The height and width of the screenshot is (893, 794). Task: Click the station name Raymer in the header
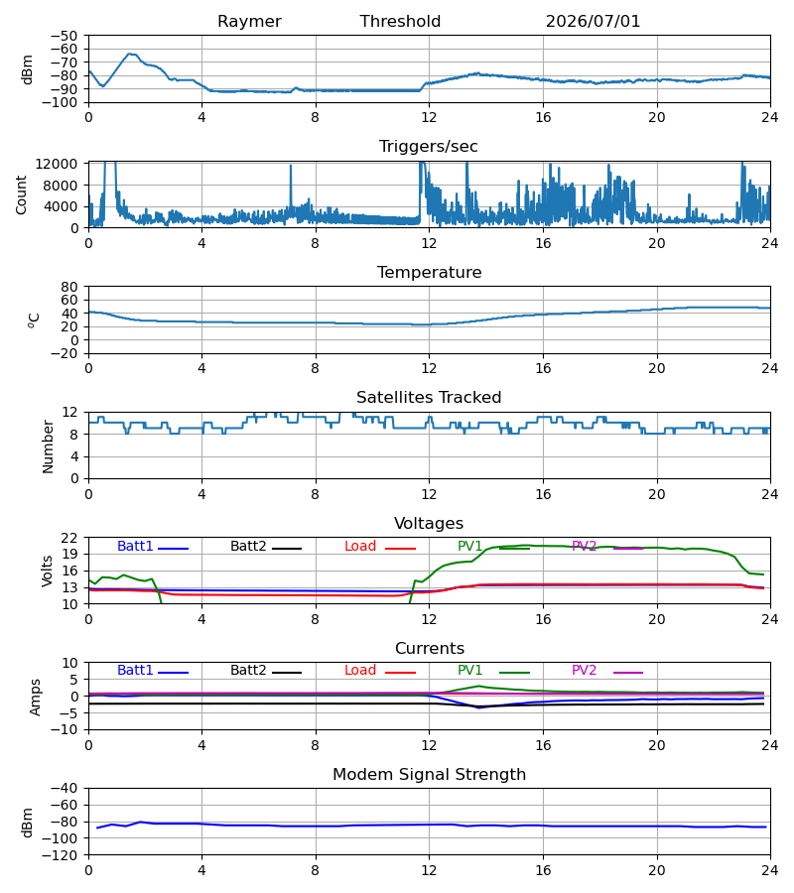pos(249,22)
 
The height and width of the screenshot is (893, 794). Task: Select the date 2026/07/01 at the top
pos(593,22)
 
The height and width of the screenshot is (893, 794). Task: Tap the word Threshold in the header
pos(400,22)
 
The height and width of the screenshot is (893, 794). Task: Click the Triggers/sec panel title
pos(429,147)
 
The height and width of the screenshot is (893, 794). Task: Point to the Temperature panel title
pos(429,272)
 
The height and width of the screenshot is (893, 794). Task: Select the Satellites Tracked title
pos(429,398)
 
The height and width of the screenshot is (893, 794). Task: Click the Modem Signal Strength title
pos(429,775)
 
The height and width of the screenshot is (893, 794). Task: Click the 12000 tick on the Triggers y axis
pos(57,164)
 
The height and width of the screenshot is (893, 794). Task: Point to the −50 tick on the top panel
pos(65,36)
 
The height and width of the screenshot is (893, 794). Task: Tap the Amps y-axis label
pos(36,698)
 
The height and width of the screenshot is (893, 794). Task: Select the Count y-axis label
pos(21,194)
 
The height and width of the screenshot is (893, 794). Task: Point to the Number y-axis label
pos(48,446)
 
